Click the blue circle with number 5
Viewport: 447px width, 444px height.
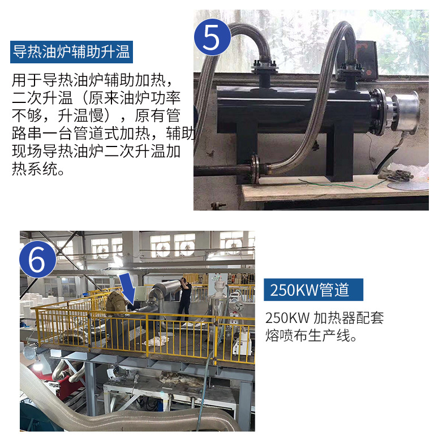(x=212, y=37)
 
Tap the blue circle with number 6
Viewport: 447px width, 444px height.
(x=38, y=259)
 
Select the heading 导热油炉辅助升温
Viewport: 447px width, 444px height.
(x=71, y=52)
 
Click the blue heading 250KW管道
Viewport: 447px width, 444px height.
(x=313, y=290)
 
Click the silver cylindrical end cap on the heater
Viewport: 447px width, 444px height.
(x=405, y=111)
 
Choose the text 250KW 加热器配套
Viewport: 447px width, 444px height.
(x=324, y=318)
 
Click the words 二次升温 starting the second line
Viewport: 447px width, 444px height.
(x=42, y=98)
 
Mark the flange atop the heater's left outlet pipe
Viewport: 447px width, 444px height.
(x=264, y=67)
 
